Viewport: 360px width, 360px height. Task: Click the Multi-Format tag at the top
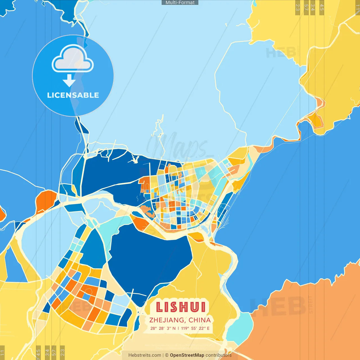point(180,3)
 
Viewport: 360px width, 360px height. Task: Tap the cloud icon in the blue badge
point(73,59)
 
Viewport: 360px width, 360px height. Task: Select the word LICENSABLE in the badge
point(73,95)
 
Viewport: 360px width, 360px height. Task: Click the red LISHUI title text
point(181,307)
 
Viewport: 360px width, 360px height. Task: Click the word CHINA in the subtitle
point(200,320)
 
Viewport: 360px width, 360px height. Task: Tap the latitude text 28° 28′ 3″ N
point(163,328)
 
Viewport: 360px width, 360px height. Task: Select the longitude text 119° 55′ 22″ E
point(195,328)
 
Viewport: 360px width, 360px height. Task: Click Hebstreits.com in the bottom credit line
point(145,355)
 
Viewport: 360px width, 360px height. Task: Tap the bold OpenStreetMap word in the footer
point(187,355)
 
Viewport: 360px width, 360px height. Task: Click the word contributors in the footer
point(219,355)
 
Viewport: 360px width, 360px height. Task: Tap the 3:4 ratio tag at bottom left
point(47,352)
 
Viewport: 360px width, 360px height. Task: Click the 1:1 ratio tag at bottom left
point(2,353)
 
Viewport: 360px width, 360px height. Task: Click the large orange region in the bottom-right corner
point(309,323)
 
